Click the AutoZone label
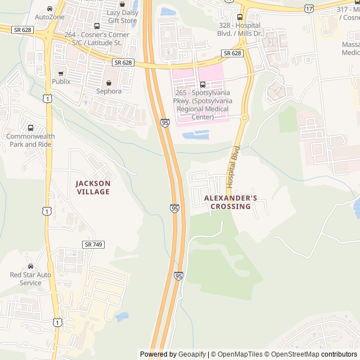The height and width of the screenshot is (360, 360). pyautogui.click(x=49, y=17)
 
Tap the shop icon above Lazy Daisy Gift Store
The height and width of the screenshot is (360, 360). pyautogui.click(x=122, y=4)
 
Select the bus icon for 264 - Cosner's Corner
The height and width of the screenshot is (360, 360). pyautogui.click(x=97, y=26)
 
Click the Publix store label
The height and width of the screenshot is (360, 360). pyautogui.click(x=61, y=81)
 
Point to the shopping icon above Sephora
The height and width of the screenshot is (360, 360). pyautogui.click(x=109, y=83)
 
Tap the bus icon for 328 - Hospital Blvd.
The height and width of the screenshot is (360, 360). pyautogui.click(x=240, y=17)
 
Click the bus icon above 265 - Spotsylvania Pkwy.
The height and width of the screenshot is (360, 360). pyautogui.click(x=202, y=85)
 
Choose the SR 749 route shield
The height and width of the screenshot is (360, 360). pyautogui.click(x=93, y=244)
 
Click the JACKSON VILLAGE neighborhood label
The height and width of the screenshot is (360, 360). pyautogui.click(x=93, y=187)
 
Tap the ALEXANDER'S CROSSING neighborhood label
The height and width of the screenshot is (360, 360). pyautogui.click(x=231, y=202)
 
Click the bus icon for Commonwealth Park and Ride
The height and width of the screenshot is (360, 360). pyautogui.click(x=30, y=128)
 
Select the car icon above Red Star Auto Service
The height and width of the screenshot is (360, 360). pyautogui.click(x=30, y=266)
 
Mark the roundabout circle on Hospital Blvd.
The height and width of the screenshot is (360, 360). pyautogui.click(x=245, y=118)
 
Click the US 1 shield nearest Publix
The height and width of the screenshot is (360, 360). pyautogui.click(x=49, y=98)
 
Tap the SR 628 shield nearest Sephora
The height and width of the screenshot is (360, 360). pyautogui.click(x=123, y=62)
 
